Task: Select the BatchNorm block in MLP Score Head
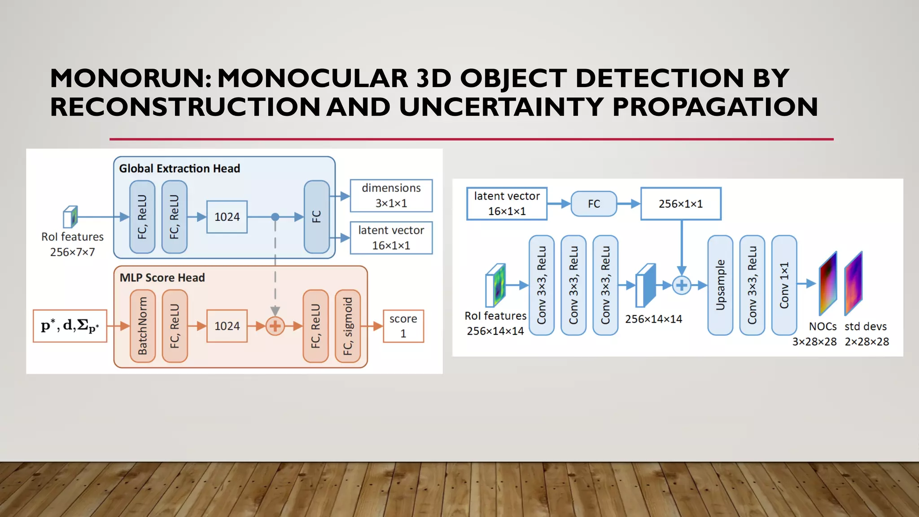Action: tap(143, 326)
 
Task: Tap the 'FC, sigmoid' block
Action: tap(348, 326)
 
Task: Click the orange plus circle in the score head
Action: tap(275, 326)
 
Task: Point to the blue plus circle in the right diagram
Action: tap(682, 285)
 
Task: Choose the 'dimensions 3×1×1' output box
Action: tap(391, 196)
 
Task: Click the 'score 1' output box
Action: tap(403, 326)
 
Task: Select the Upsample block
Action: tap(720, 285)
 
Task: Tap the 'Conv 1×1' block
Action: tap(784, 285)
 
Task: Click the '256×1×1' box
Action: tap(681, 204)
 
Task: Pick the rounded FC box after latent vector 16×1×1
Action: tap(594, 204)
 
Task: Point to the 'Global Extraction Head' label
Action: tap(179, 169)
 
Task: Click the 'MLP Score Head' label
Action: tap(162, 278)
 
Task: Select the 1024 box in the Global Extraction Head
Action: tap(227, 217)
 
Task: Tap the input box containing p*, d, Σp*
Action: tap(70, 326)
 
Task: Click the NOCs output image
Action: tap(828, 284)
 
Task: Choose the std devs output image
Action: tap(853, 284)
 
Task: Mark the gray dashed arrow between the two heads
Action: tap(275, 265)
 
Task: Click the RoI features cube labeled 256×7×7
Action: tap(70, 217)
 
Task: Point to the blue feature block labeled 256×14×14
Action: tap(646, 285)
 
